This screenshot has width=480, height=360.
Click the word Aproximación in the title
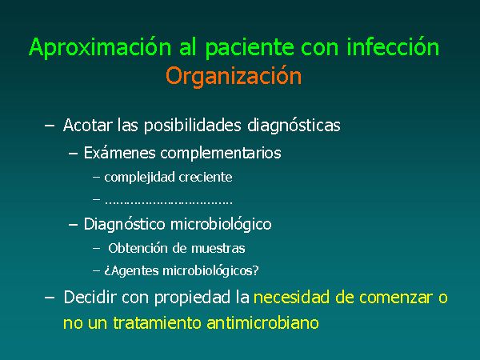click(100, 47)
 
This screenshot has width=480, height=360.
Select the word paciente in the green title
click(250, 48)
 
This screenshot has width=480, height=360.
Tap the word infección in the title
click(393, 46)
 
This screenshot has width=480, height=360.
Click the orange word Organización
click(234, 76)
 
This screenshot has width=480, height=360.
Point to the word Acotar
click(87, 125)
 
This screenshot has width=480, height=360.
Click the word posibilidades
click(193, 126)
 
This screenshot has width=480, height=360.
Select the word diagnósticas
click(294, 126)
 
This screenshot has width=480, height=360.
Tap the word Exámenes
click(120, 153)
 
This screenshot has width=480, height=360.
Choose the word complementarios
click(221, 153)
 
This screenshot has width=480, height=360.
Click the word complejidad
click(139, 178)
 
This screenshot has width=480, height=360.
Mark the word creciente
click(206, 178)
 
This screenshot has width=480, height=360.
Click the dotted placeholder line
click(169, 202)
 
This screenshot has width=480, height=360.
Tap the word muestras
click(218, 249)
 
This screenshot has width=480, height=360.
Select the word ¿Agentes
click(131, 271)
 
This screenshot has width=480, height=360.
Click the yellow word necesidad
click(292, 298)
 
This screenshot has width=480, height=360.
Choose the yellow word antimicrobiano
click(262, 322)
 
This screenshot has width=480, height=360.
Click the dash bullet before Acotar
click(50, 126)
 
